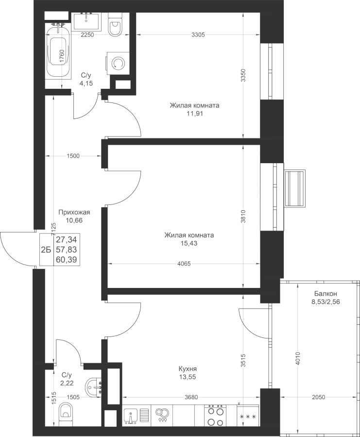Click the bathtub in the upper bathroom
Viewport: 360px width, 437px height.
pyautogui.click(x=58, y=51)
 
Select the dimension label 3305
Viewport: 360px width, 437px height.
pyautogui.click(x=198, y=34)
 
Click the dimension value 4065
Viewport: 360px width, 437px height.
pyautogui.click(x=184, y=263)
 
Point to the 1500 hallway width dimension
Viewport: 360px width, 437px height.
pyautogui.click(x=73, y=156)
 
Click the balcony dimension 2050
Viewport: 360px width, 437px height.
pyautogui.click(x=318, y=397)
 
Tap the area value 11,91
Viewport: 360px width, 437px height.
pyautogui.click(x=194, y=114)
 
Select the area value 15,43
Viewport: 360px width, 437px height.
pyautogui.click(x=189, y=243)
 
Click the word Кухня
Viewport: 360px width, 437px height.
pyautogui.click(x=188, y=369)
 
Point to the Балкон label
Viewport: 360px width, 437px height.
pyautogui.click(x=326, y=293)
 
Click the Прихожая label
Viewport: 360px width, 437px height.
pyautogui.click(x=74, y=212)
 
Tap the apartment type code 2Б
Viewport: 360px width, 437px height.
pyautogui.click(x=46, y=250)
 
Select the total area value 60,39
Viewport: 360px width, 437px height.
pyautogui.click(x=67, y=260)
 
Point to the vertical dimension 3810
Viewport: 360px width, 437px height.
pyautogui.click(x=243, y=216)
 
